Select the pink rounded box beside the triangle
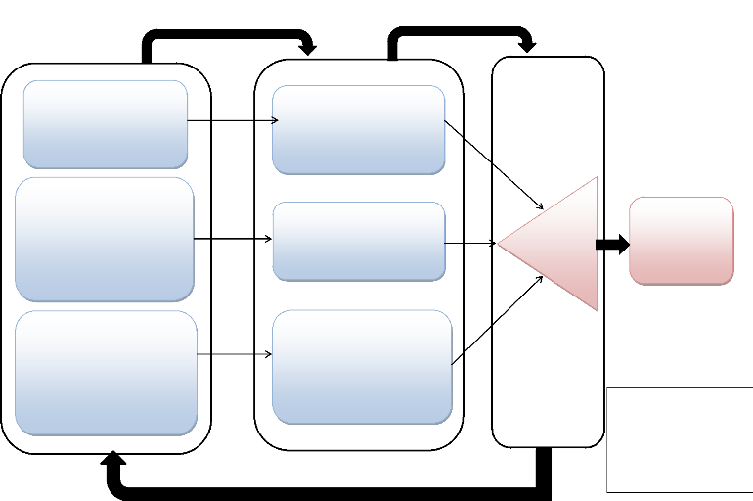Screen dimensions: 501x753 [x=681, y=241]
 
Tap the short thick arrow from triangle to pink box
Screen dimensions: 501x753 [x=612, y=245]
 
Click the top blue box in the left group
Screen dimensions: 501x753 [x=106, y=124]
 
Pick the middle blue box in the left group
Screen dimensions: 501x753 [x=105, y=239]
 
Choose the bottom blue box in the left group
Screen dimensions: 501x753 [x=106, y=373]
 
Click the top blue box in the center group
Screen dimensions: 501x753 [x=358, y=130]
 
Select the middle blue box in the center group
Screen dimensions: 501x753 [x=358, y=241]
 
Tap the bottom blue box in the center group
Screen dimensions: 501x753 [x=361, y=367]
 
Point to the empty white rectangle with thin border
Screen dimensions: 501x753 [x=680, y=439]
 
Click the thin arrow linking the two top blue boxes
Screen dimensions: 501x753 [x=233, y=121]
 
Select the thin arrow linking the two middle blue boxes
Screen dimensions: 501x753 [x=233, y=239]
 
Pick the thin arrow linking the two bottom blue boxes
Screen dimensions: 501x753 [x=235, y=354]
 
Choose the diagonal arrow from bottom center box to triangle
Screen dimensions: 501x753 [x=497, y=320]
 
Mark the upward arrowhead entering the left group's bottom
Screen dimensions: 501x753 [x=113, y=460]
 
